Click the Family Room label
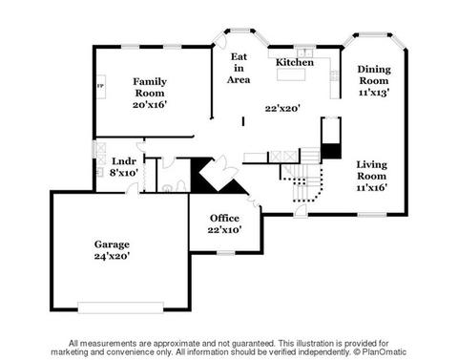tap(150, 87)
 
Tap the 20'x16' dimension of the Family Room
tap(150, 104)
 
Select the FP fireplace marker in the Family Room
tap(100, 86)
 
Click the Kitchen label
tap(295, 62)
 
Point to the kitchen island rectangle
tap(291, 74)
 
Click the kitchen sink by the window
tap(305, 53)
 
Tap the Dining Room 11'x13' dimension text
tap(374, 93)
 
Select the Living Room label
tap(372, 170)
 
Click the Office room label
tap(224, 218)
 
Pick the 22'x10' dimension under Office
tap(225, 229)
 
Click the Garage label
tap(112, 244)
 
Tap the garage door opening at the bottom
tap(121, 307)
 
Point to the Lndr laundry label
tap(124, 161)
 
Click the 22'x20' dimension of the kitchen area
tap(282, 109)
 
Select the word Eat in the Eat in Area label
tap(239, 56)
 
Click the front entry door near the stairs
tap(301, 211)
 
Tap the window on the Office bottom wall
tap(226, 253)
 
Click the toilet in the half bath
tap(168, 188)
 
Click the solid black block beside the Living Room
tap(331, 151)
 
